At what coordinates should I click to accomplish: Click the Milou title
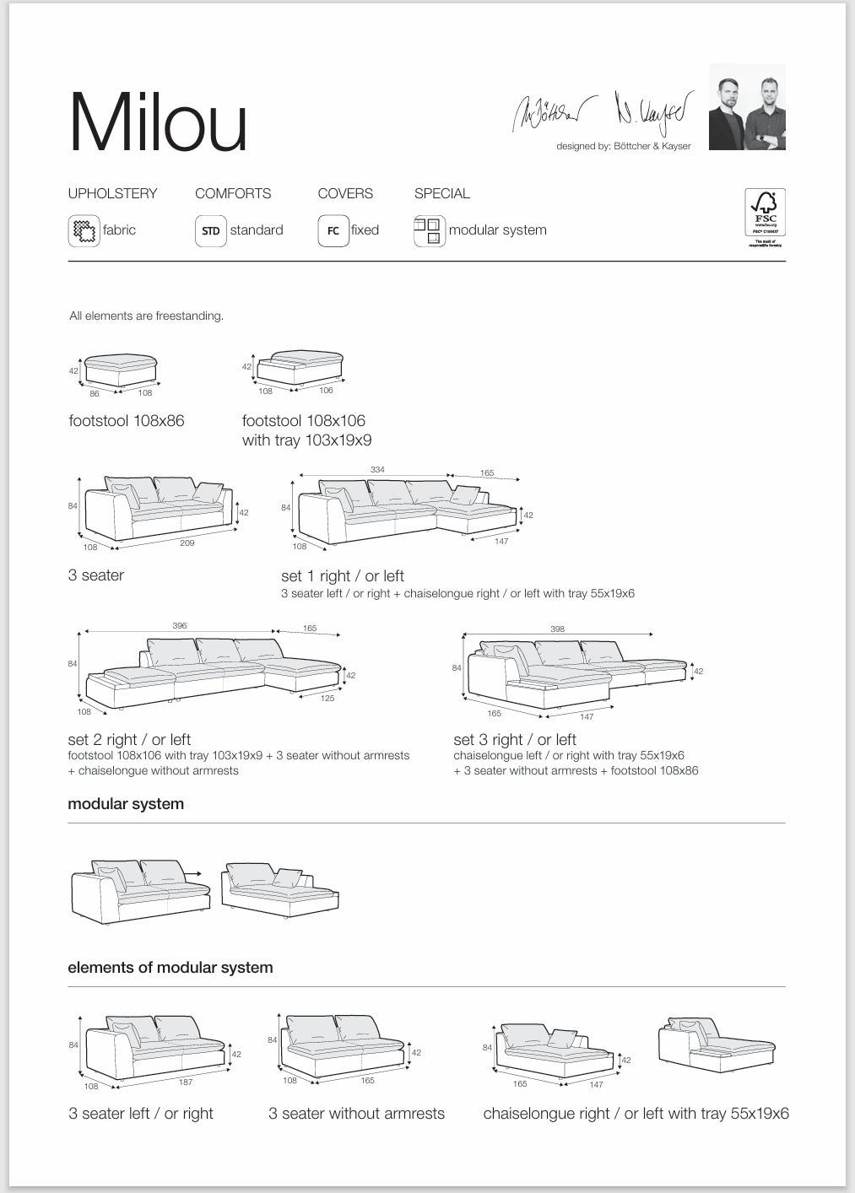click(x=158, y=123)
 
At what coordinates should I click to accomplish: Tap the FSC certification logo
click(x=765, y=218)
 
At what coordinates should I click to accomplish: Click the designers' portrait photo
click(x=747, y=108)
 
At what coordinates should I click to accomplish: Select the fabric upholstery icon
click(x=84, y=230)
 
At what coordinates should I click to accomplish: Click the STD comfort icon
click(x=210, y=230)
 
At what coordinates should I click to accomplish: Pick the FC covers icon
click(x=333, y=230)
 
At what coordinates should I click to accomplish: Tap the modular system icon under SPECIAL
click(x=429, y=230)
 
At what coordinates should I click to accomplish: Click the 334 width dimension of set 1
click(x=377, y=469)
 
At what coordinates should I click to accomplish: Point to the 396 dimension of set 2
click(x=179, y=626)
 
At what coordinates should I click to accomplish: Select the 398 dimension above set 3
click(x=557, y=629)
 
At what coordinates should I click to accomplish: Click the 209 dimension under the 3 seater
click(x=187, y=543)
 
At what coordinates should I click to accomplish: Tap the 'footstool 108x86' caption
click(x=127, y=420)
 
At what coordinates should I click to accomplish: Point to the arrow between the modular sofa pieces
click(x=193, y=874)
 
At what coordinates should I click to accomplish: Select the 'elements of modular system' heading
click(x=170, y=968)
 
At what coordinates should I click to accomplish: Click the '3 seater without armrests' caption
click(x=356, y=1114)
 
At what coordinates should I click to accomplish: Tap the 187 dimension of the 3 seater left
click(x=185, y=1082)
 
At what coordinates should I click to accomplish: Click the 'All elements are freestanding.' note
click(x=146, y=316)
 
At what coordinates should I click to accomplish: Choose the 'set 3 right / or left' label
click(x=515, y=740)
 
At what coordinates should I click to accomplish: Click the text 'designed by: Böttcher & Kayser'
click(x=623, y=146)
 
